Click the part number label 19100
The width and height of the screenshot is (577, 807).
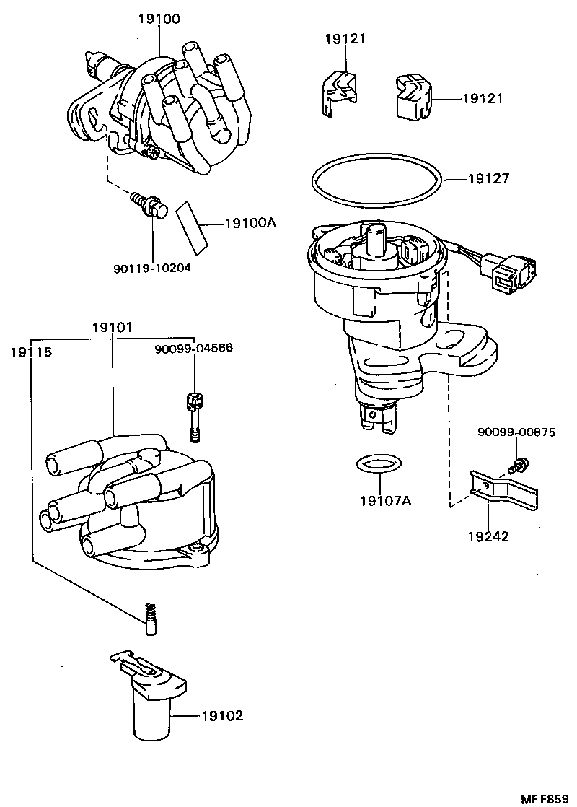pyautogui.click(x=159, y=19)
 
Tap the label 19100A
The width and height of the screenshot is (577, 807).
pyautogui.click(x=245, y=224)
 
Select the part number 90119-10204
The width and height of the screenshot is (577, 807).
pyautogui.click(x=152, y=268)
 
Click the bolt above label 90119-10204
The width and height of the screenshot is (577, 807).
pyautogui.click(x=146, y=204)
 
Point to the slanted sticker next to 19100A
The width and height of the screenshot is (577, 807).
pyautogui.click(x=191, y=224)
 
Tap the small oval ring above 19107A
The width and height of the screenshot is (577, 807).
pyautogui.click(x=378, y=464)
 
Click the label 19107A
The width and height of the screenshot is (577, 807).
pyautogui.click(x=385, y=500)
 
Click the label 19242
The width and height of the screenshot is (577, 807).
pyautogui.click(x=488, y=536)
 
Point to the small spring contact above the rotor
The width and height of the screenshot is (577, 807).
pyautogui.click(x=151, y=619)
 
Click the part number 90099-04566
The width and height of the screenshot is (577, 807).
pyautogui.click(x=194, y=349)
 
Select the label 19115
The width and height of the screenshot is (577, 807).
pyautogui.click(x=31, y=352)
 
